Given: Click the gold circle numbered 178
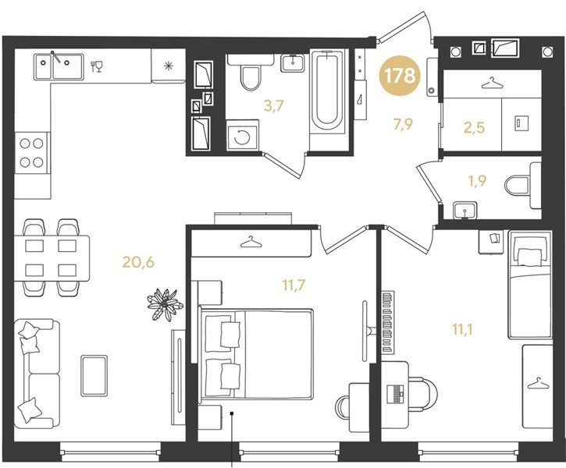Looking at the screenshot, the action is [399, 76].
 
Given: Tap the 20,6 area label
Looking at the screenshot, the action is [138, 262].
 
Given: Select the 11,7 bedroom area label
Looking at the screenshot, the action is [294, 285].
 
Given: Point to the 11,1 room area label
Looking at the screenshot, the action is [462, 329].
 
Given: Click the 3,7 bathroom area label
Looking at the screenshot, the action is [274, 106].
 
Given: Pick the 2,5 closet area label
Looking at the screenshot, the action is [474, 128].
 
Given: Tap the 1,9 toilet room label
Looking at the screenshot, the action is [476, 181].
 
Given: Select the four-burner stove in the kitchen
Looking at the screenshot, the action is [32, 153].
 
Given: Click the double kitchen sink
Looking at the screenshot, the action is [59, 67].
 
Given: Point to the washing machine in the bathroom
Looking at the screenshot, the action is [242, 136].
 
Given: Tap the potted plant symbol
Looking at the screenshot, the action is [165, 305].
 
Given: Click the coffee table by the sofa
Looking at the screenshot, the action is [94, 376].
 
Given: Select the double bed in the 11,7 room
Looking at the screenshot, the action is [256, 353].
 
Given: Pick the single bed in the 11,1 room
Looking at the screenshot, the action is [530, 285].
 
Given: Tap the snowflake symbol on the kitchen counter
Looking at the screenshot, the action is [168, 66].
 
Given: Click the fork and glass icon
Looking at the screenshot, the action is [97, 66].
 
